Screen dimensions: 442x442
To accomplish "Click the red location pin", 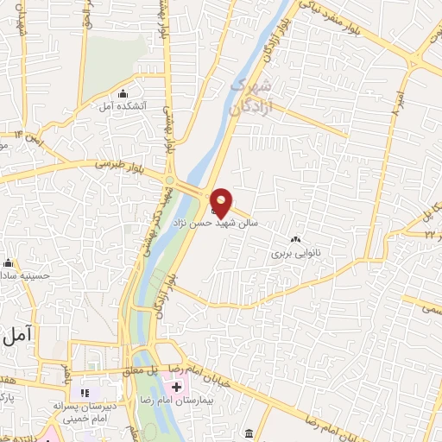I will point(222,202).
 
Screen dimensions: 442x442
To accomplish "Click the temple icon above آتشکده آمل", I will point(123,93).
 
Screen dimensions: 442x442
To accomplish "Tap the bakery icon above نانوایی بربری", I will point(296,240).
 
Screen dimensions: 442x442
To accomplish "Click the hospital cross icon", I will point(175,388).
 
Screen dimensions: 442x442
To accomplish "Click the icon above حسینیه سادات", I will point(9,263).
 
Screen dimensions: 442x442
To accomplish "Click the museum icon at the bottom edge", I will point(249,433).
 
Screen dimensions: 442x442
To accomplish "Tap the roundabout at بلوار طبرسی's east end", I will point(170,180).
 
